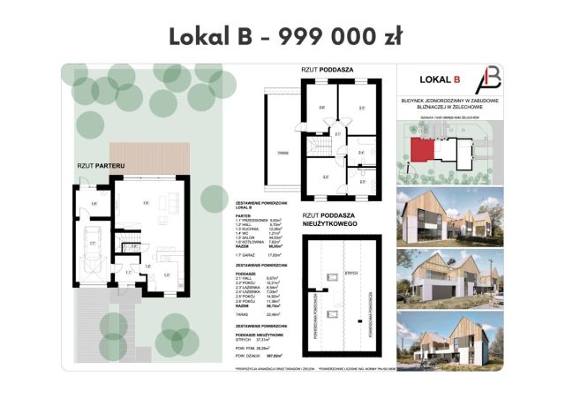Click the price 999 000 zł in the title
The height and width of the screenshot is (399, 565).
click(339, 36)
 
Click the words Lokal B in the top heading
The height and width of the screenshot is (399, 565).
click(208, 36)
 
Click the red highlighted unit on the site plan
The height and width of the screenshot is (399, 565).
click(423, 149)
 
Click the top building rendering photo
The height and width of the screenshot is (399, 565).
click(450, 215)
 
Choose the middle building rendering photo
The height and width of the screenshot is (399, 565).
click(450, 273)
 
